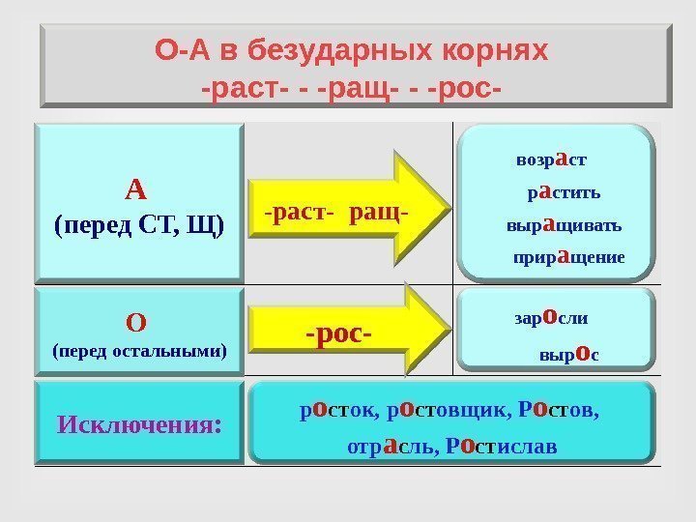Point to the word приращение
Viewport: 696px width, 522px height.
569,258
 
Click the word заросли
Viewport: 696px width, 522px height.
550,317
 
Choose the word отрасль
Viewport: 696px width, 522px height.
386,448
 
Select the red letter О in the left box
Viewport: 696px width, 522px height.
136,319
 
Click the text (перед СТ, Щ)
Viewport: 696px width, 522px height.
139,226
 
